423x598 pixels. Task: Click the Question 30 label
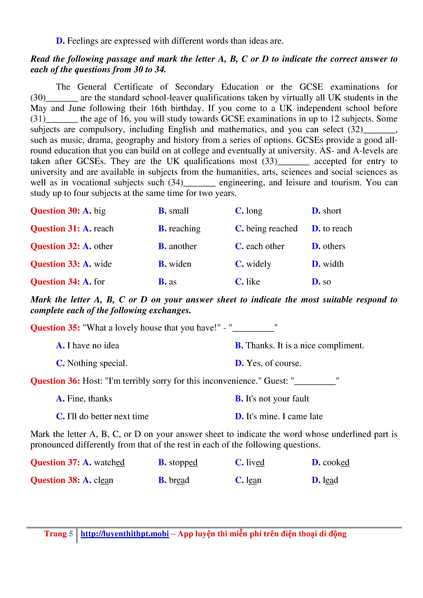[55, 211]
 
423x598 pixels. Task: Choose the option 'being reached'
[271, 229]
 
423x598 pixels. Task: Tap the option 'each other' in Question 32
[265, 246]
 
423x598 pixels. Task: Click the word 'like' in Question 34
[253, 282]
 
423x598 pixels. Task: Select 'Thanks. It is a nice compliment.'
[305, 346]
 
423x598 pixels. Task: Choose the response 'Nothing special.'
[97, 363]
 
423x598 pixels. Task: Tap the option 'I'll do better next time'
[108, 416]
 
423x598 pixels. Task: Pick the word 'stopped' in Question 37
[183, 463]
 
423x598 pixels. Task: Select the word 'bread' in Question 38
[179, 480]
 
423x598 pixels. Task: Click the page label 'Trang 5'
[58, 534]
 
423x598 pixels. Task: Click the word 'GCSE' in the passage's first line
[311, 87]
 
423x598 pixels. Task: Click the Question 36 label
[55, 381]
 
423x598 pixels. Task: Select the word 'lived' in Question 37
[255, 463]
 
